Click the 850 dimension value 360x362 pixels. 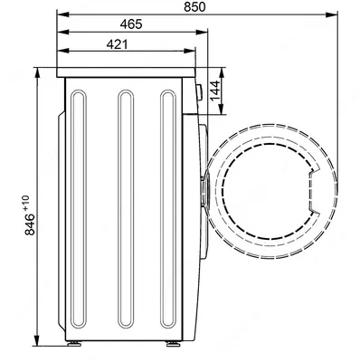point(194,6)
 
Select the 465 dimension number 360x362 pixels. point(131,24)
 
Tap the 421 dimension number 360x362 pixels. point(118,44)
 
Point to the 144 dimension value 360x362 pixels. point(214,90)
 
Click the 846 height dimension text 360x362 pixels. point(30,224)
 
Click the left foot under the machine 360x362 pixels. point(74,344)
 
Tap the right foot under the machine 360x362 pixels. point(172,344)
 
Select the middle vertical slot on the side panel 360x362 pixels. point(126,209)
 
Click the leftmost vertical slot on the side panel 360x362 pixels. point(79,209)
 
